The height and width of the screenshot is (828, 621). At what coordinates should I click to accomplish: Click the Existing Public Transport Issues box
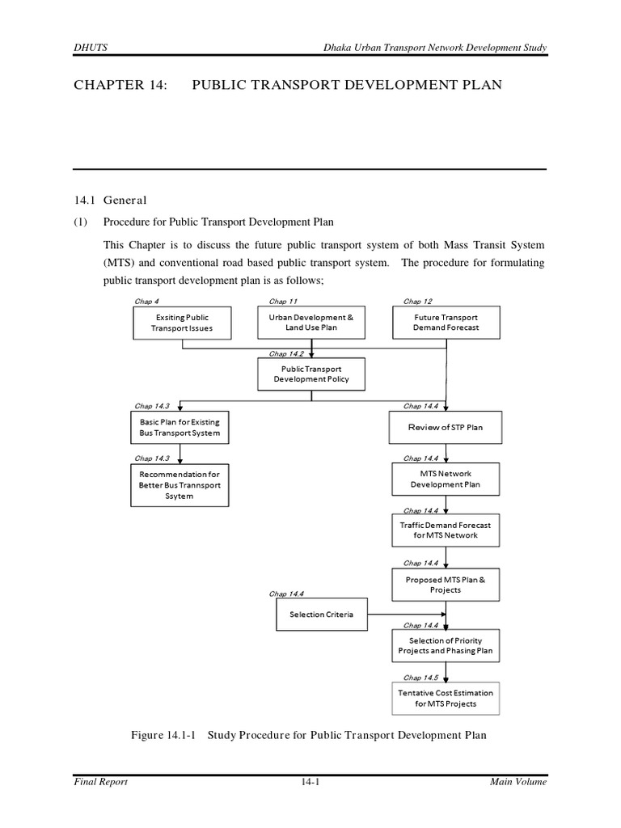182,323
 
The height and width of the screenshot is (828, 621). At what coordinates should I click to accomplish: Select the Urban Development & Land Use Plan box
311,323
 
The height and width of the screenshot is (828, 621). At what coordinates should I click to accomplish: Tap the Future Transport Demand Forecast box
446,323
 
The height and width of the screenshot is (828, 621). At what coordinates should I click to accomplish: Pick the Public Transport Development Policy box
311,374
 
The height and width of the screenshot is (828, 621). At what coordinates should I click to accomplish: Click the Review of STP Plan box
446,427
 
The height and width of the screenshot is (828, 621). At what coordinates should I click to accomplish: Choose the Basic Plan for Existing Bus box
180,428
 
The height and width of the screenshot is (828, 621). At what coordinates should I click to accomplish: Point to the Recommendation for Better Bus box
180,484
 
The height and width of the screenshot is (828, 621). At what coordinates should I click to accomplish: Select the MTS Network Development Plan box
446,479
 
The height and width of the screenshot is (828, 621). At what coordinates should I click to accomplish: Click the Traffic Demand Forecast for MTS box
446,530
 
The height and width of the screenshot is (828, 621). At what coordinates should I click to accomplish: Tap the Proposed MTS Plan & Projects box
446,585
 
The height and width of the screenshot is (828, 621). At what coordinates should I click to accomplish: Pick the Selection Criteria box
321,615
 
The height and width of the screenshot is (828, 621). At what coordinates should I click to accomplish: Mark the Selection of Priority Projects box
446,645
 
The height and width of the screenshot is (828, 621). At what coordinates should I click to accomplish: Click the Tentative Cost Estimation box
446,698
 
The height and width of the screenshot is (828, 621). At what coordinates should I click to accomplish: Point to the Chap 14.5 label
420,678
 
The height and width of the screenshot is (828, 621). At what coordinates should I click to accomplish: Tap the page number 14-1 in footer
310,782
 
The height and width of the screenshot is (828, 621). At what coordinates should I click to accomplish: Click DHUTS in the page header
88,49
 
